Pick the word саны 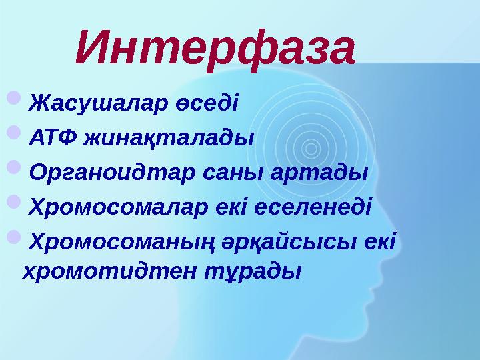click(235, 173)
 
